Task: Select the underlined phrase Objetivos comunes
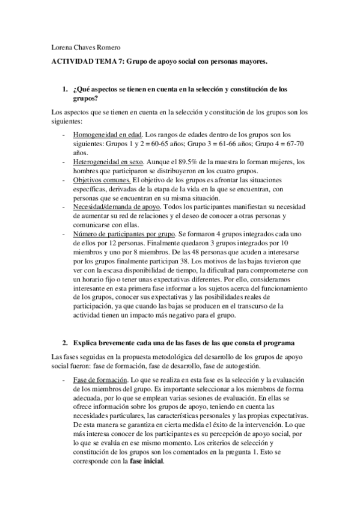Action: [x=102, y=180]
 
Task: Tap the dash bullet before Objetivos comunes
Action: [x=64, y=180]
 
